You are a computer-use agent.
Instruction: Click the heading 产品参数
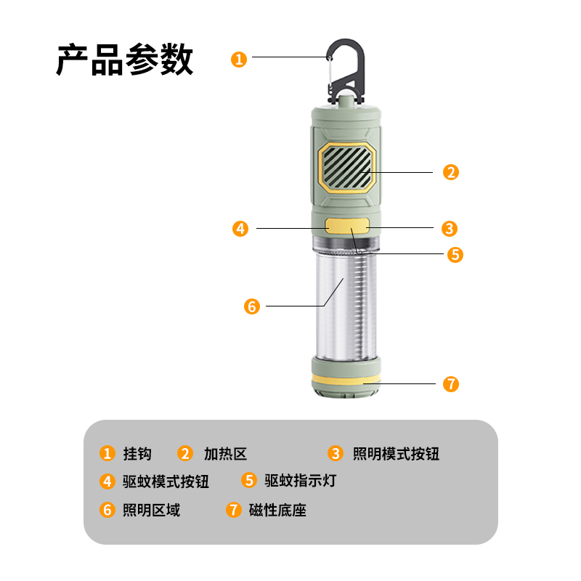click(125, 60)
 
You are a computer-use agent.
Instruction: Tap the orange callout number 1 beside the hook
click(239, 59)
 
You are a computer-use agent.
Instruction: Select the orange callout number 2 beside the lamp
click(451, 172)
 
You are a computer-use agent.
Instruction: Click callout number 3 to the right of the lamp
click(450, 228)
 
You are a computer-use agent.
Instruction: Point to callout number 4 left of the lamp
click(240, 228)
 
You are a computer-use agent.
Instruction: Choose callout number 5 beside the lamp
click(455, 254)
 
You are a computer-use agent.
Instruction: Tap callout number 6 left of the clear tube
click(251, 306)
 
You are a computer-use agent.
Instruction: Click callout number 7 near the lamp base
click(451, 383)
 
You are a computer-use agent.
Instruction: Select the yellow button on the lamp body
click(347, 226)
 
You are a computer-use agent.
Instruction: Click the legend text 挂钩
click(137, 454)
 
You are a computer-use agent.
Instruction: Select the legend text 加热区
click(225, 454)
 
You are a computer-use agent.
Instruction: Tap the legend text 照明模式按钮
click(396, 454)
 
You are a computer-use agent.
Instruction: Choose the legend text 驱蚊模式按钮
click(166, 481)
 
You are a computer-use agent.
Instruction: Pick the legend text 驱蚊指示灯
click(300, 481)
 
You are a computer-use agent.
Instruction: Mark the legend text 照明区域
click(151, 510)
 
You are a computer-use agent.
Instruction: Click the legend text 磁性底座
click(277, 510)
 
